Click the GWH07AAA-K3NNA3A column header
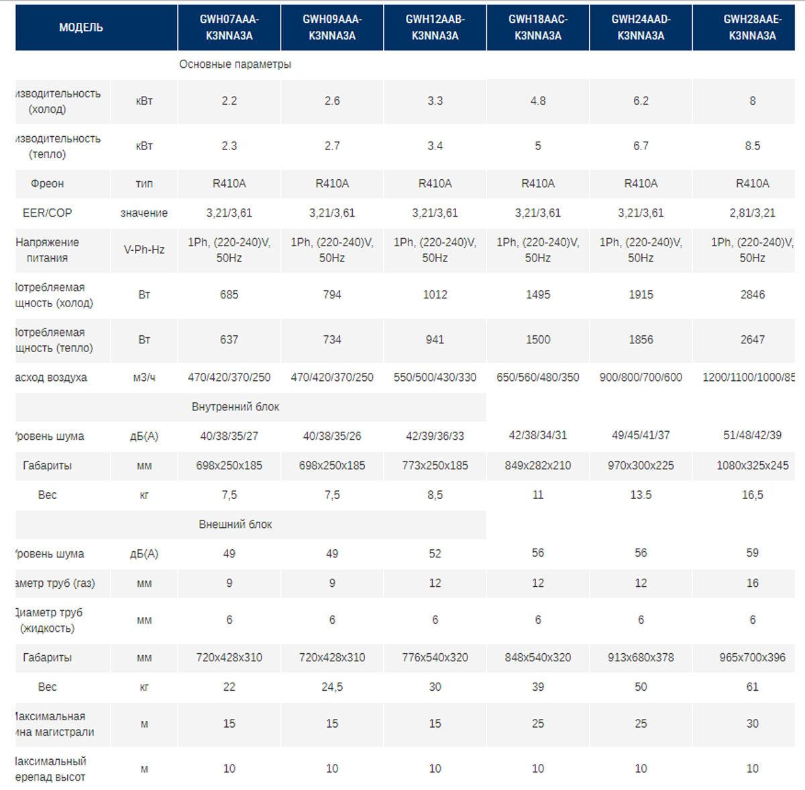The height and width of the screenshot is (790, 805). coord(229,27)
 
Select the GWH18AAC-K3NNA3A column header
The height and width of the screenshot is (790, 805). coord(537,27)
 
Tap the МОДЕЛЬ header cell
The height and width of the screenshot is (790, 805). coord(81,27)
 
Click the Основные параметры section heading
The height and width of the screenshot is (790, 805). coord(235,64)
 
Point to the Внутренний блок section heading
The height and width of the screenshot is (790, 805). coord(235,406)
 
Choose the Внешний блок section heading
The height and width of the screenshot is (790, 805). coord(235,524)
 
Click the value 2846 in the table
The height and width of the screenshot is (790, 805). coord(752,294)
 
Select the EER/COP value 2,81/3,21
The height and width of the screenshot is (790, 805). coord(752,213)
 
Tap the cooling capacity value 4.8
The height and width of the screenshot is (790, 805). coord(537,101)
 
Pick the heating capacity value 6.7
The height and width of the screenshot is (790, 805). coord(641,146)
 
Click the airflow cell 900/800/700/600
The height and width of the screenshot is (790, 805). coord(641,377)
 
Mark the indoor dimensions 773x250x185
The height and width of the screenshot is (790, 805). coord(435,465)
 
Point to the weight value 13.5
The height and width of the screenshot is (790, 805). coord(641,494)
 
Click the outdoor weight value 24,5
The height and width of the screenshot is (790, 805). coord(332,687)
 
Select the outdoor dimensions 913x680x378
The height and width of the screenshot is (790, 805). coord(641,657)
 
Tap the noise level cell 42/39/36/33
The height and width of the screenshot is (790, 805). coord(435,436)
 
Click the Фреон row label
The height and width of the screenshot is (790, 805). coord(47,183)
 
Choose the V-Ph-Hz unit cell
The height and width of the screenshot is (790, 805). coord(144,249)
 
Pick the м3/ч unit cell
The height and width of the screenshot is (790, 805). coord(144,378)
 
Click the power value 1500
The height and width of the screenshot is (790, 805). coord(537,339)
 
